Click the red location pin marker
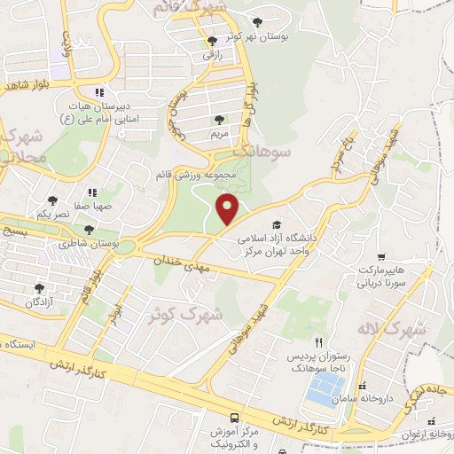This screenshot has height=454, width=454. click(228, 210)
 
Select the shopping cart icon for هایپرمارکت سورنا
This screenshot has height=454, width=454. click(381, 256)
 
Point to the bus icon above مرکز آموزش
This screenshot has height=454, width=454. click(234, 417)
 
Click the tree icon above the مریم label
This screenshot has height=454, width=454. click(219, 120)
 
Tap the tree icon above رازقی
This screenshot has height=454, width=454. click(210, 41)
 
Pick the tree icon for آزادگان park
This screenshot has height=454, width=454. click(38, 287)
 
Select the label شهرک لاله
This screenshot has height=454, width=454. click(391, 329)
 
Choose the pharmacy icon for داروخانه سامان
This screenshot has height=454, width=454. click(362, 387)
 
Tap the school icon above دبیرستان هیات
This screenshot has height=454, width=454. click(99, 91)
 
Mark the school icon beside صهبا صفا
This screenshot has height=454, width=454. click(90, 192)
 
